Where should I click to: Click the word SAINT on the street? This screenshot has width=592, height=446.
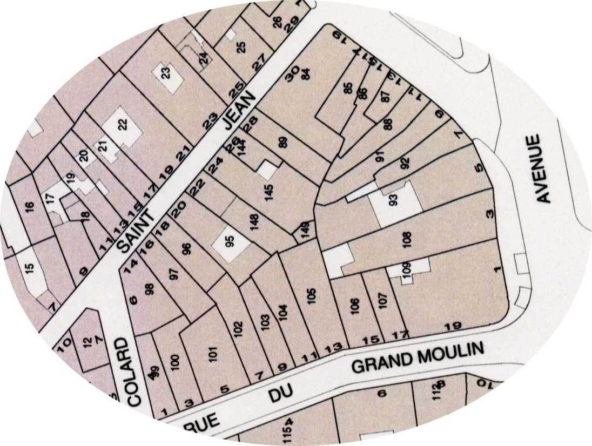[136, 230]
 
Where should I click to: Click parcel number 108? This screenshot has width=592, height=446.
[407, 238]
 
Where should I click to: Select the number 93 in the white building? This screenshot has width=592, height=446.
[393, 199]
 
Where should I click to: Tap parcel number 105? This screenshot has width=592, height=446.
[310, 296]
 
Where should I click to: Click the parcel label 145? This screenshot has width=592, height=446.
[270, 192]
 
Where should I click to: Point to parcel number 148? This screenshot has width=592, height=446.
[254, 221]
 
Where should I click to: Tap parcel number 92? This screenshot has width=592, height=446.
[405, 162]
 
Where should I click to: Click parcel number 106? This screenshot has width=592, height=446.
[354, 306]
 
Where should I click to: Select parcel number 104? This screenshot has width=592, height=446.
[285, 312]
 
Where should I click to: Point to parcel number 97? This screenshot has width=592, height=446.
[173, 273]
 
